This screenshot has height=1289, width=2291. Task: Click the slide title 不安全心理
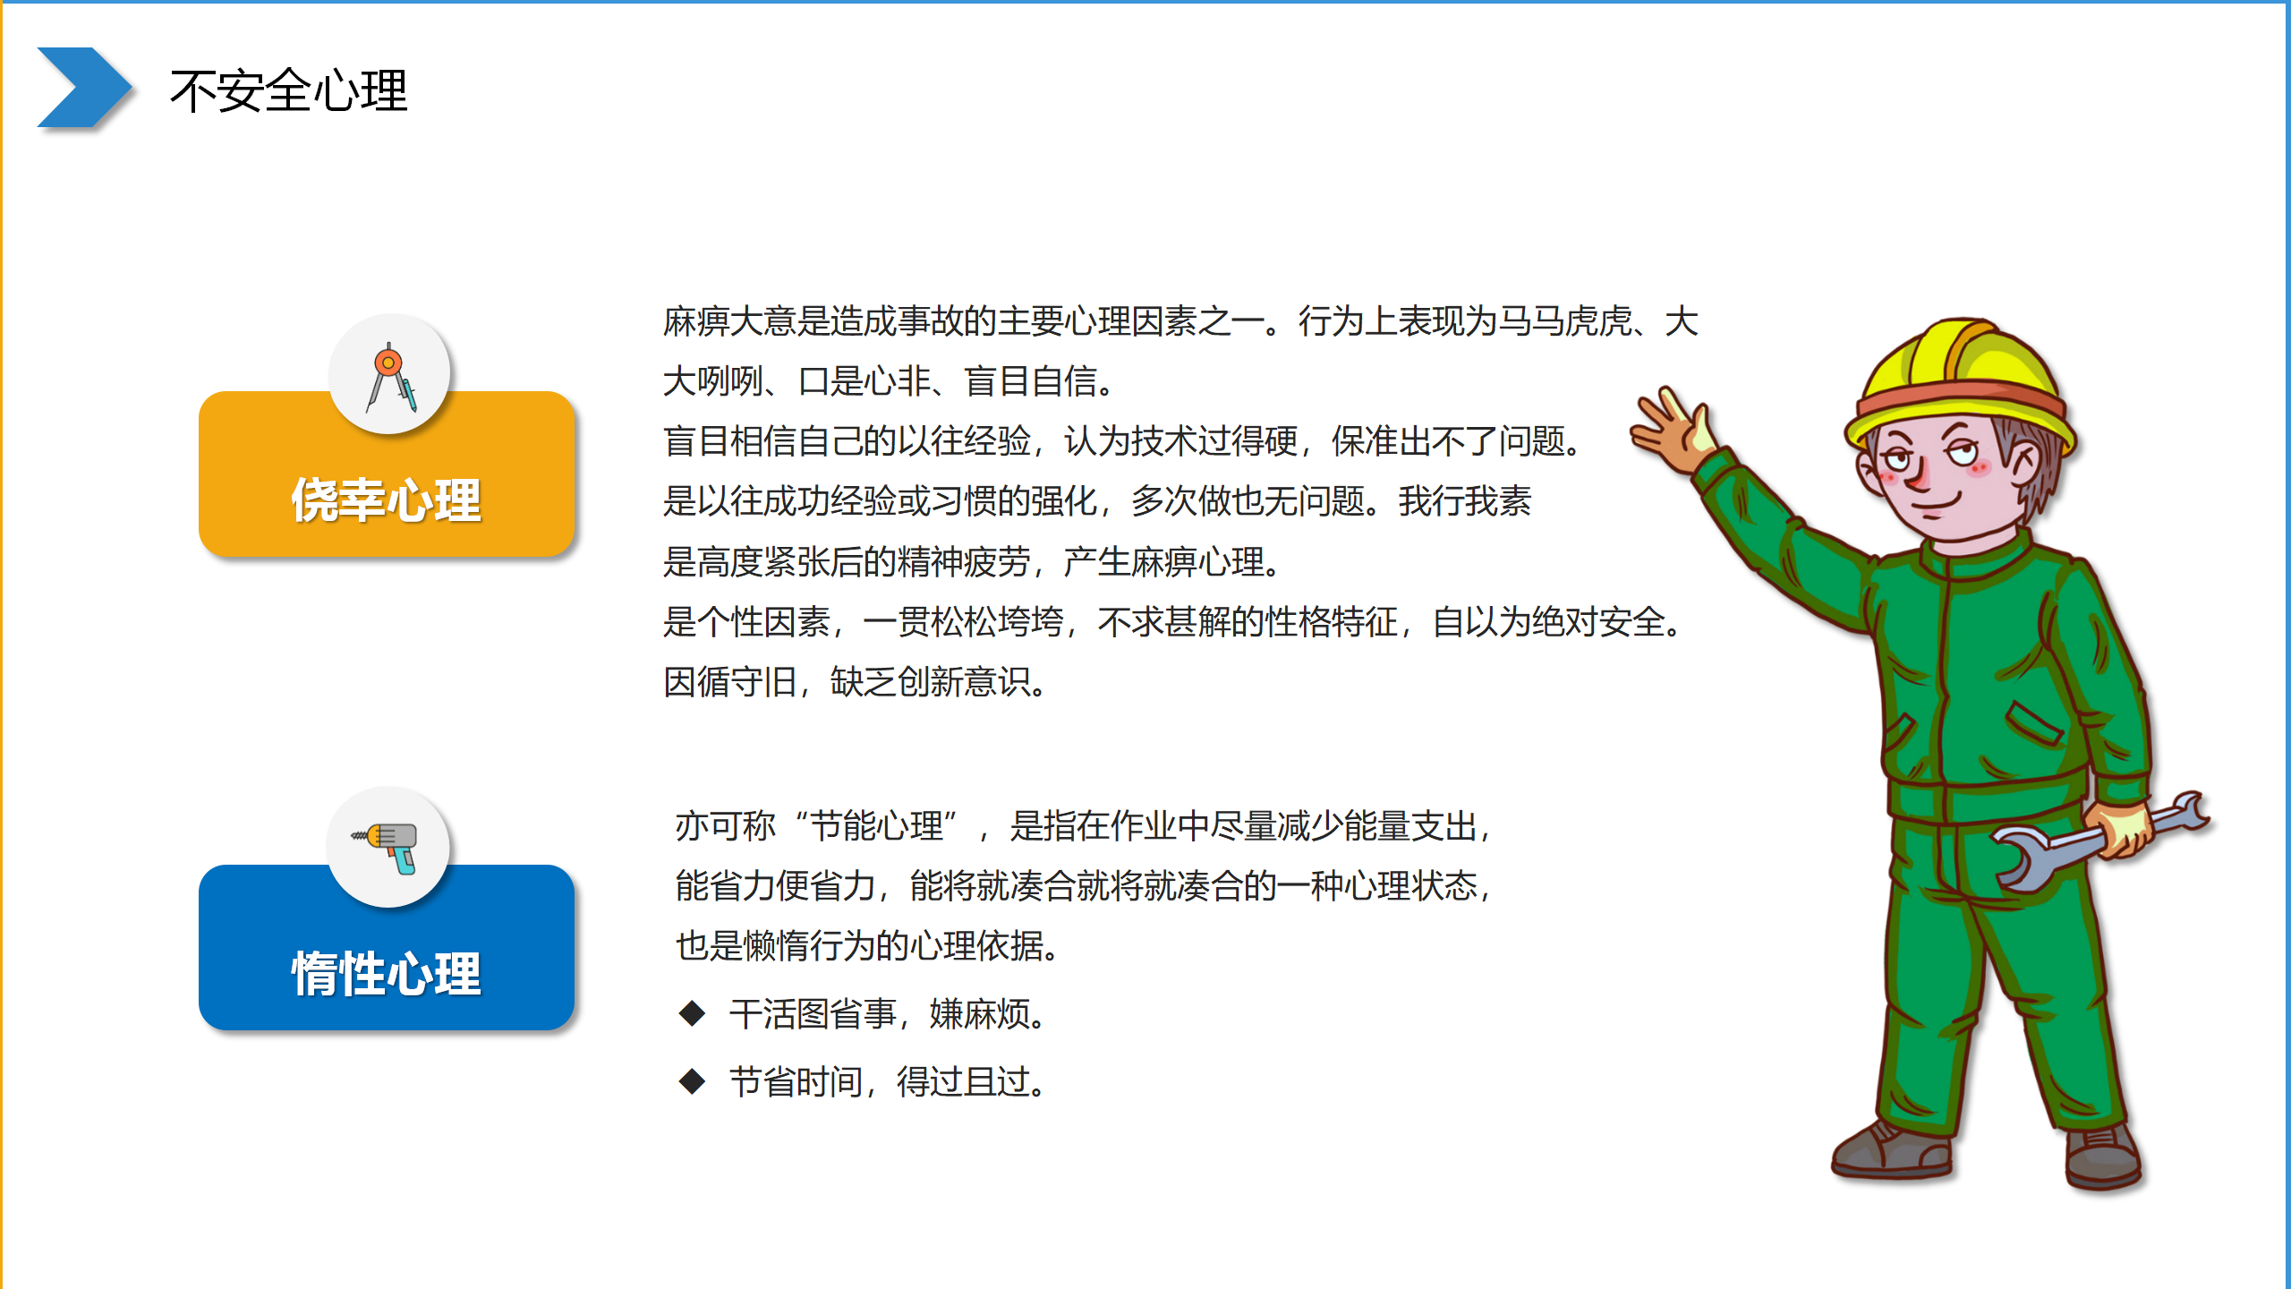[288, 91]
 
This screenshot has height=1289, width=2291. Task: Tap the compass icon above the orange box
[389, 377]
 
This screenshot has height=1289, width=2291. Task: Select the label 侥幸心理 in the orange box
[386, 499]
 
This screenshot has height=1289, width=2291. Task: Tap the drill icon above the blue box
[388, 847]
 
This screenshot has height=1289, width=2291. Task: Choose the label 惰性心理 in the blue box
[386, 973]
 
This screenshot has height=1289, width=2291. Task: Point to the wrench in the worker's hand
[2099, 841]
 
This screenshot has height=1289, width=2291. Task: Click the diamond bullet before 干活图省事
[692, 1013]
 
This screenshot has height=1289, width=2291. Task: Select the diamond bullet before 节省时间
[692, 1080]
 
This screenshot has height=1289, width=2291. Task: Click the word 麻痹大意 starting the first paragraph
[729, 321]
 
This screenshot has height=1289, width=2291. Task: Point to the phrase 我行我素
[1465, 501]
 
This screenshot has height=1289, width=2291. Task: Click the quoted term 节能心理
[876, 825]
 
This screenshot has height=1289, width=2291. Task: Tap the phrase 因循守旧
[729, 682]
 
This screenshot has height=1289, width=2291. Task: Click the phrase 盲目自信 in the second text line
[1031, 381]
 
